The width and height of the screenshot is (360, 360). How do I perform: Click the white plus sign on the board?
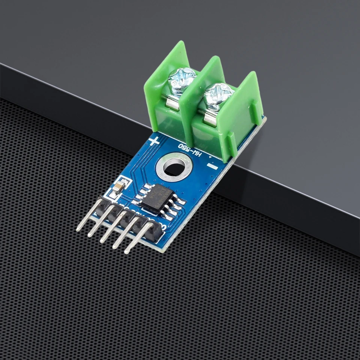coord(154,141)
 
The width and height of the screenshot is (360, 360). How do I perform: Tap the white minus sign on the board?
coord(212,165)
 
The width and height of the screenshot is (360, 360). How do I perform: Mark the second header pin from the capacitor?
coord(101,221)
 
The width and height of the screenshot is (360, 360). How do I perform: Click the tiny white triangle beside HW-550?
coord(210,155)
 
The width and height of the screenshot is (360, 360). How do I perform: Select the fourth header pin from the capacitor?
coord(127,233)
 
